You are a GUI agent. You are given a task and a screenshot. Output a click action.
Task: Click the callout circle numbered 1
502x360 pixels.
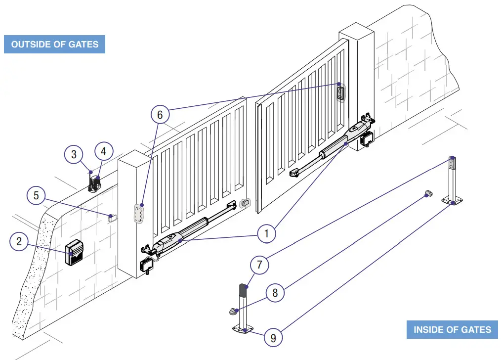(266, 233)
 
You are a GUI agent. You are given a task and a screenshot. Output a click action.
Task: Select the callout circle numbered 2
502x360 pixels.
(19, 242)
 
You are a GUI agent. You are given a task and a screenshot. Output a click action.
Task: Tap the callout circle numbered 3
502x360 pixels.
(74, 154)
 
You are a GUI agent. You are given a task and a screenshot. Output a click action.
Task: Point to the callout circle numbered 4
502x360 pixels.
(104, 151)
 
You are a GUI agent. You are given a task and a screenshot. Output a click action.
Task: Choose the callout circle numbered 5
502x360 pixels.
(36, 195)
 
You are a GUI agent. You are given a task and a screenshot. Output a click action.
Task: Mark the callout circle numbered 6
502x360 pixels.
(160, 115)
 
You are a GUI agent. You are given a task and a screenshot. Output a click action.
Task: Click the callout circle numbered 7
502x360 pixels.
(259, 266)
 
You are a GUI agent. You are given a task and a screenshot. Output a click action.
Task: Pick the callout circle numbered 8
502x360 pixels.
(275, 292)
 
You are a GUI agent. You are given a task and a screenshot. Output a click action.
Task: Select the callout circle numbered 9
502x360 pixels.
(273, 338)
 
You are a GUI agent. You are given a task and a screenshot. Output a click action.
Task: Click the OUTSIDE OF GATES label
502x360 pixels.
(54, 44)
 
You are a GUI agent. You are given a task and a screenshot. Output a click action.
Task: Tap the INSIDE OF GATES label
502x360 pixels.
(452, 330)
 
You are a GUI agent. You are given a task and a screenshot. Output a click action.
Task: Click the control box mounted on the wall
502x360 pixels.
(75, 253)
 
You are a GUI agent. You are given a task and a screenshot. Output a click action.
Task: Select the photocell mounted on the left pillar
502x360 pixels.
(139, 214)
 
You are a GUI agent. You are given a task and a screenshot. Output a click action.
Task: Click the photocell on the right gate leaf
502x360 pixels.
(341, 92)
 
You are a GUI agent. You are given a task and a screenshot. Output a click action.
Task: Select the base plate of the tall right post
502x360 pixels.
(453, 200)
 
